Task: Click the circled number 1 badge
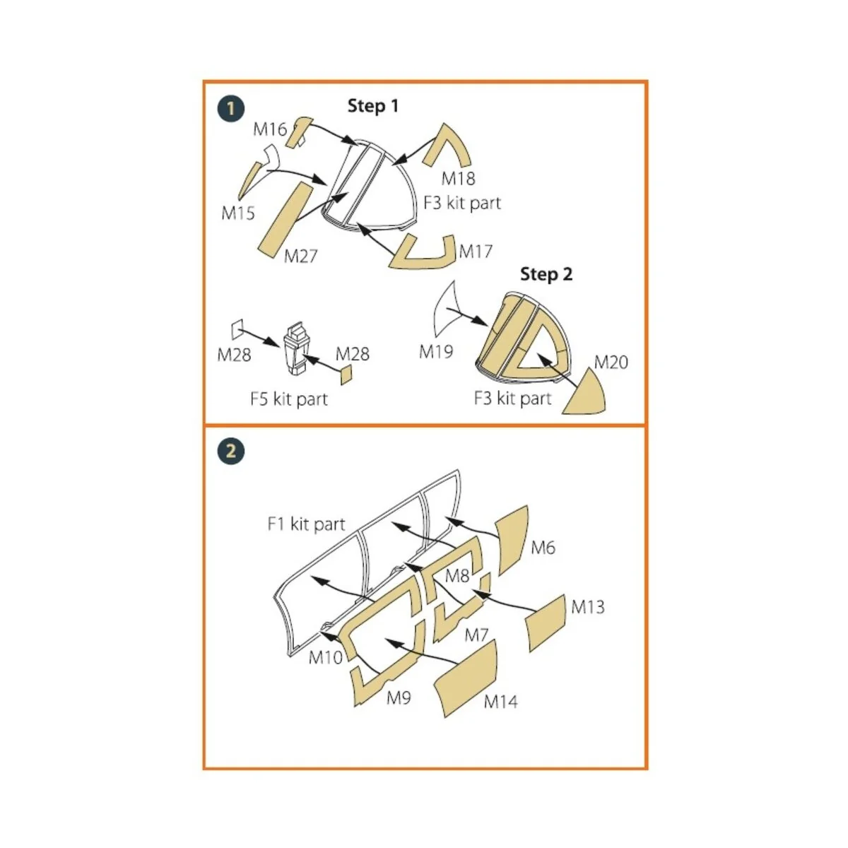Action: click(232, 109)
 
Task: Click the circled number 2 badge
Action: click(232, 451)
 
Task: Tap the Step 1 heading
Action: click(372, 106)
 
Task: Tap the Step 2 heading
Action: click(546, 274)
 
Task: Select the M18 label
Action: click(458, 179)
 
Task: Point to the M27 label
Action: click(300, 256)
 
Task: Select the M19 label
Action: click(436, 352)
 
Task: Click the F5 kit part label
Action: click(289, 399)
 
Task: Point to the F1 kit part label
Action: click(306, 524)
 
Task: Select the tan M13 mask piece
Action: click(546, 623)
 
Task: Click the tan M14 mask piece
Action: click(466, 678)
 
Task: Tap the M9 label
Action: click(399, 697)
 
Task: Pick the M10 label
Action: click(325, 657)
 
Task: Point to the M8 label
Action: click(457, 576)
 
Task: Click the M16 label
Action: click(270, 129)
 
